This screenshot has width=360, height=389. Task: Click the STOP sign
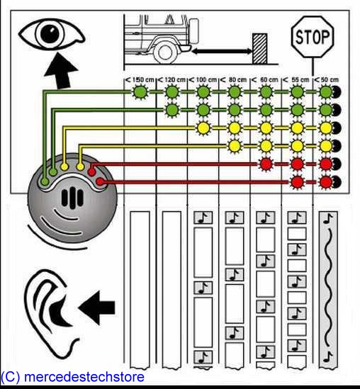313,37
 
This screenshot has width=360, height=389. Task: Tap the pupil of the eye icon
50,33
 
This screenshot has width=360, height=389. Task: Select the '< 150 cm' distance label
140,80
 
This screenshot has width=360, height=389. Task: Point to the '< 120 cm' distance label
171,80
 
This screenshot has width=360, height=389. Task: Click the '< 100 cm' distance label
203,80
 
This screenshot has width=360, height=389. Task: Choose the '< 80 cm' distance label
234,80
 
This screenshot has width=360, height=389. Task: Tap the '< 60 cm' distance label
265,80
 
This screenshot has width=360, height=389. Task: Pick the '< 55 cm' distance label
296,80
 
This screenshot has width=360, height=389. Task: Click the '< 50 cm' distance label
326,80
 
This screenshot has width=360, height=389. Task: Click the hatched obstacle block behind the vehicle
260,49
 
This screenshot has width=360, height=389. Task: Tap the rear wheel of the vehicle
165,52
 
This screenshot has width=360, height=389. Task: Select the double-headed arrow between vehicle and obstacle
222,51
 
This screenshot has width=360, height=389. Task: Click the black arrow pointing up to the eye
61,71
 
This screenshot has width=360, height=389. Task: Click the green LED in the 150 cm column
140,92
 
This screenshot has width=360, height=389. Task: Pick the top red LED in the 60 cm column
266,164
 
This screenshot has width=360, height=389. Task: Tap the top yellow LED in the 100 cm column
203,128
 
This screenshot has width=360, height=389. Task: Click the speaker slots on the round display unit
72,198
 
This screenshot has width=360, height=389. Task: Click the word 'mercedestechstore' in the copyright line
84,376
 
